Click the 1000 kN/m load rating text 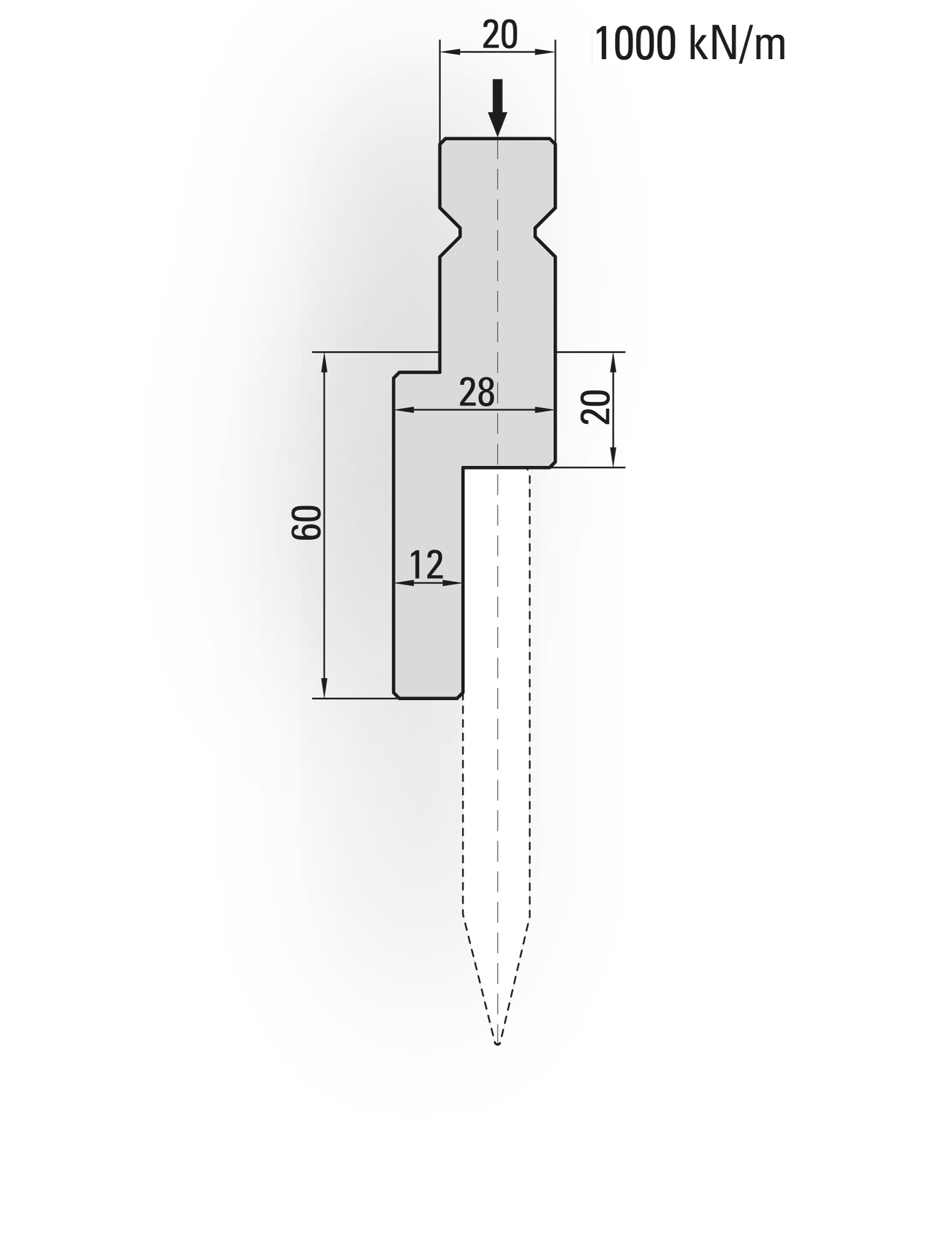tap(689, 44)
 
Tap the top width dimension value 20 tap(500, 35)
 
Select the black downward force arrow tap(498, 107)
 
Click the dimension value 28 tap(476, 393)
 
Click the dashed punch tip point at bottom tap(498, 1044)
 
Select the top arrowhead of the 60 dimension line tap(325, 361)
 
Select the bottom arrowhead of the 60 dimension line tap(325, 689)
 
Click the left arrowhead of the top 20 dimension tap(448, 52)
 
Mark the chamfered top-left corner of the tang tap(443, 141)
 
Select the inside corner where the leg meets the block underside tap(463, 468)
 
